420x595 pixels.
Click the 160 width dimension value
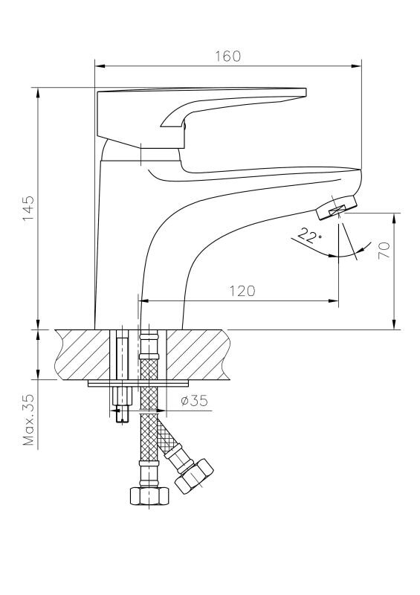click(227, 57)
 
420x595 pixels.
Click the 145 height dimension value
click(28, 209)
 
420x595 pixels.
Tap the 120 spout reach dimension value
click(242, 291)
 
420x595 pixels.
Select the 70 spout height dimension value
click(384, 250)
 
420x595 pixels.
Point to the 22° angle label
click(309, 235)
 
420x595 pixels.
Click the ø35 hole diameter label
click(194, 400)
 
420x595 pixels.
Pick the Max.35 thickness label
click(28, 419)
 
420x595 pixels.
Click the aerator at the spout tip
click(337, 208)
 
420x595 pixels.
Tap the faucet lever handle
click(201, 114)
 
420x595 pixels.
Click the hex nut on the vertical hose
click(149, 496)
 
